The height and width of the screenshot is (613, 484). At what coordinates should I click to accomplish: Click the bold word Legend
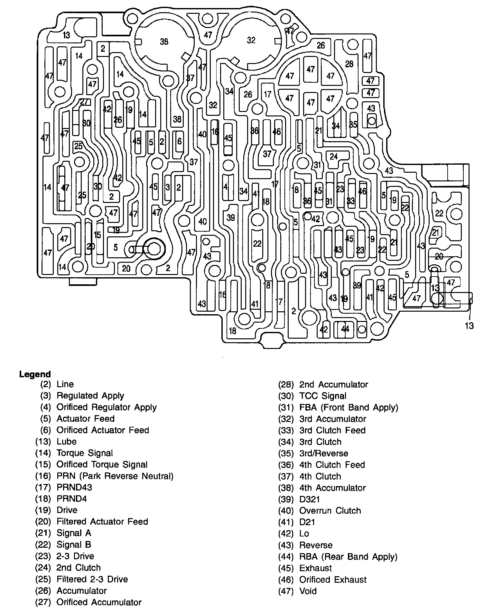coord(35,374)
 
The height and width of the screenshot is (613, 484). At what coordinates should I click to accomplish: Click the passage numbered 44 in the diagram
coord(345,329)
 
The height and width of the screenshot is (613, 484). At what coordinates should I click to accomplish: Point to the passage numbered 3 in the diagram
coord(168,188)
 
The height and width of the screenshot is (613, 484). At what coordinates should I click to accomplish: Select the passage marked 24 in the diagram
coord(334,157)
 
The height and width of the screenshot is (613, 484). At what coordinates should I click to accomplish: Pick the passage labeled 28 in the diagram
coord(349,64)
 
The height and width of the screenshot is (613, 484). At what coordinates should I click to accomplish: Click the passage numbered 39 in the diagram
coord(231,218)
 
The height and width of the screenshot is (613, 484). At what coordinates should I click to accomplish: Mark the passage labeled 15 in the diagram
coord(98,235)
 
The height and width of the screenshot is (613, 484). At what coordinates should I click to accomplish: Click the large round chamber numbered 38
coord(164,42)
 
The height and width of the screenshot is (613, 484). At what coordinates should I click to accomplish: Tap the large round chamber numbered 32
coord(251,40)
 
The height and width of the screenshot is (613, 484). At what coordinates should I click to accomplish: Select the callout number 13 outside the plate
coord(469,326)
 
